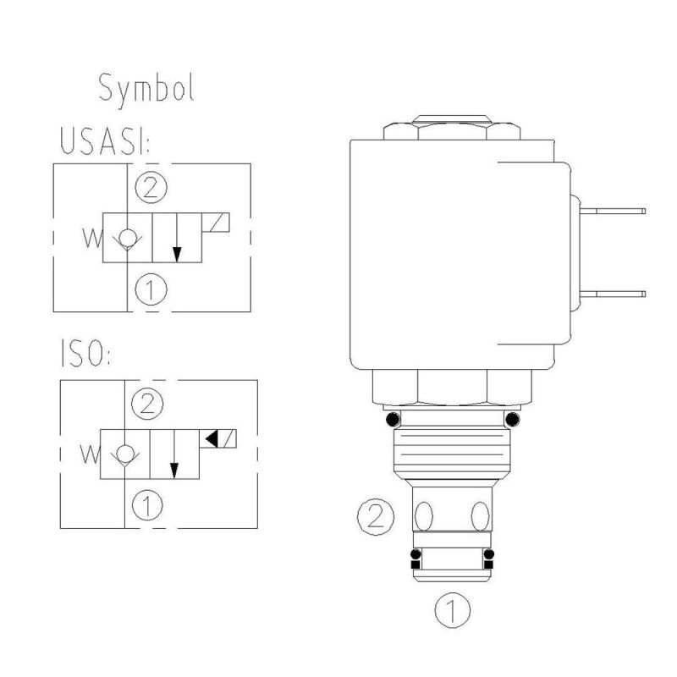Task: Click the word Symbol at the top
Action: pyautogui.click(x=146, y=88)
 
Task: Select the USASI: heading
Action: pyautogui.click(x=103, y=141)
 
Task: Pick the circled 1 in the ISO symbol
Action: pyautogui.click(x=149, y=506)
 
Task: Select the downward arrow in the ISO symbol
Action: pyautogui.click(x=174, y=456)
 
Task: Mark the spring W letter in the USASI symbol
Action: pyautogui.click(x=89, y=238)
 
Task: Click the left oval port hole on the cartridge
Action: pyautogui.click(x=425, y=515)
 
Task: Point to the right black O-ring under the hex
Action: pyautogui.click(x=511, y=419)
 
